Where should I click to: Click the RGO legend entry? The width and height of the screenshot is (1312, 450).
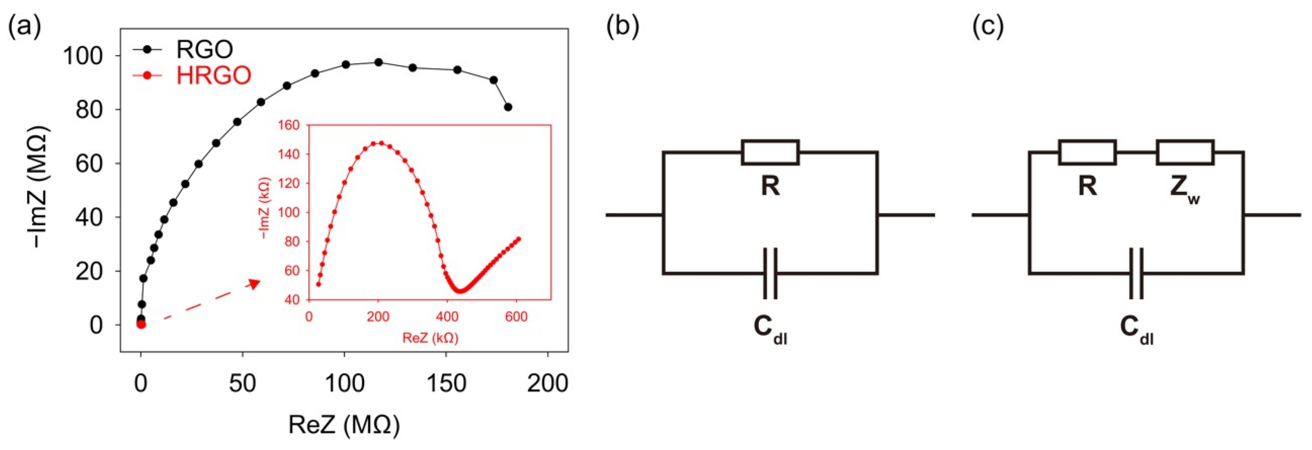[204, 49]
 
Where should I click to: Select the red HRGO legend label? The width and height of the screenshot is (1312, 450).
[213, 75]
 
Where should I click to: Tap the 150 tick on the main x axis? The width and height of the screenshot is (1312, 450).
[446, 383]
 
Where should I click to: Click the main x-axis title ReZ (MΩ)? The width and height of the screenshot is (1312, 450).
[344, 425]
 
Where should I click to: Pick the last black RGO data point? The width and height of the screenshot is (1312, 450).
[508, 107]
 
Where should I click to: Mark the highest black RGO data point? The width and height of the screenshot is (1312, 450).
[378, 62]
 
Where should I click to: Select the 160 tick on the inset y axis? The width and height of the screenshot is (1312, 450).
[290, 125]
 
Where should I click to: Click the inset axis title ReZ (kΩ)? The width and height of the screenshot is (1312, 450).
[430, 337]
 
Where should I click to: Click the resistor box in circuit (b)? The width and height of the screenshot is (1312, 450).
[769, 152]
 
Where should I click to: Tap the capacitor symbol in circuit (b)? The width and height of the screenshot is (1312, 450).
[770, 274]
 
